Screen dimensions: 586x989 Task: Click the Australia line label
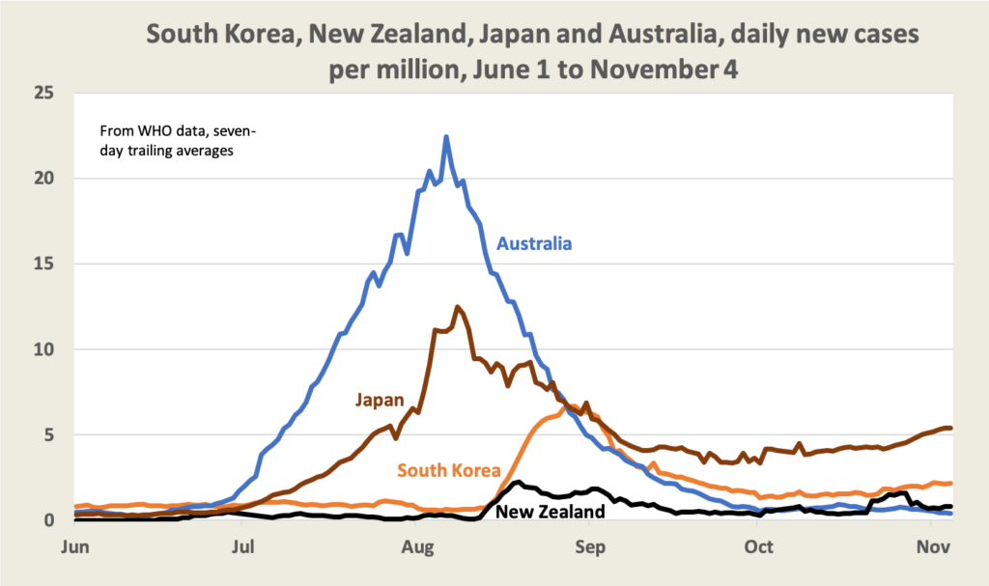534,243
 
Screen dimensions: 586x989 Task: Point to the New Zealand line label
550,512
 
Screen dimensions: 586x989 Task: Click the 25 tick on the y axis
42,93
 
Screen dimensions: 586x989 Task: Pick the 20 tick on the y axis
42,179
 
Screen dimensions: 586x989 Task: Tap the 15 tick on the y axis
42,264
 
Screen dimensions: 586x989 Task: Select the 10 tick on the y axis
42,349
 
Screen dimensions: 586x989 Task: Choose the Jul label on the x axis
242,545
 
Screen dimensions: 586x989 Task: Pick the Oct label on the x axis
758,545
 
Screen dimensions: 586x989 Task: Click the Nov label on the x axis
929,545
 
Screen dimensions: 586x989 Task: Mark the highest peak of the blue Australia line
446,137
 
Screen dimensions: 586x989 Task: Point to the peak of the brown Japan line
458,307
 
